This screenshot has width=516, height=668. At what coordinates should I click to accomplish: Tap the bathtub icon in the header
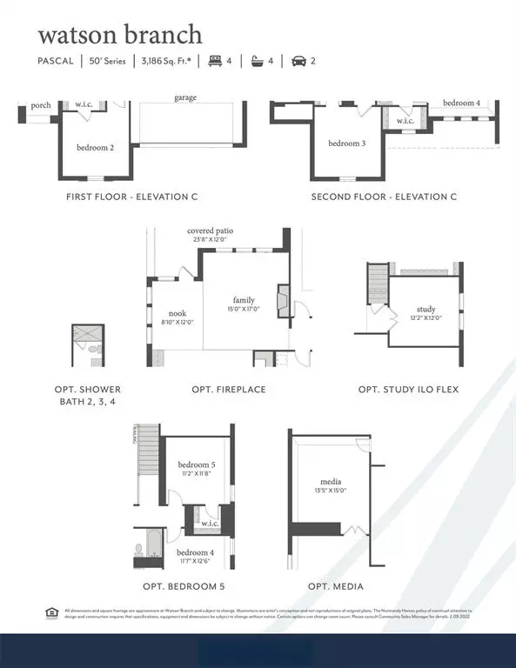(x=256, y=61)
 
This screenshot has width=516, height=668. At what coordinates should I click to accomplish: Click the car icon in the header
(x=298, y=61)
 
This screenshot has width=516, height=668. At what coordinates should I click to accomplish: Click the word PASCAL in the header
(x=59, y=61)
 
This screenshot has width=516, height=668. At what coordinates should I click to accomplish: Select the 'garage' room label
(x=184, y=98)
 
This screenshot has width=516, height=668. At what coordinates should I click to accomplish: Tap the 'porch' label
(x=40, y=105)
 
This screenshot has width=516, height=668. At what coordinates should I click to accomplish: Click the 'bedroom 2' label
(x=95, y=147)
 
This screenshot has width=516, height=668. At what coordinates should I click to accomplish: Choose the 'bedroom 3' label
(x=346, y=143)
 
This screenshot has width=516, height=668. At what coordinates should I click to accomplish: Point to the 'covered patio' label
(x=211, y=231)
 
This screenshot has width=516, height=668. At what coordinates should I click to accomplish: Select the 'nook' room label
(x=177, y=313)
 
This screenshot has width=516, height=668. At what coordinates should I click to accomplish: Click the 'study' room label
(x=426, y=309)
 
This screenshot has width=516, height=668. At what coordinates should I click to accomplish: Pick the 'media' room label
(x=331, y=482)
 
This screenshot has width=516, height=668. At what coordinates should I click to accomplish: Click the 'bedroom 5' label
(x=197, y=464)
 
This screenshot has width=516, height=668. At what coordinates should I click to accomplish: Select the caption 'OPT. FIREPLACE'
(x=229, y=389)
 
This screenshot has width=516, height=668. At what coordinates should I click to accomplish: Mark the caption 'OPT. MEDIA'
(x=335, y=586)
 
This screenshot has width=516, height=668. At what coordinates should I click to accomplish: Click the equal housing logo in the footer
(x=50, y=613)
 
